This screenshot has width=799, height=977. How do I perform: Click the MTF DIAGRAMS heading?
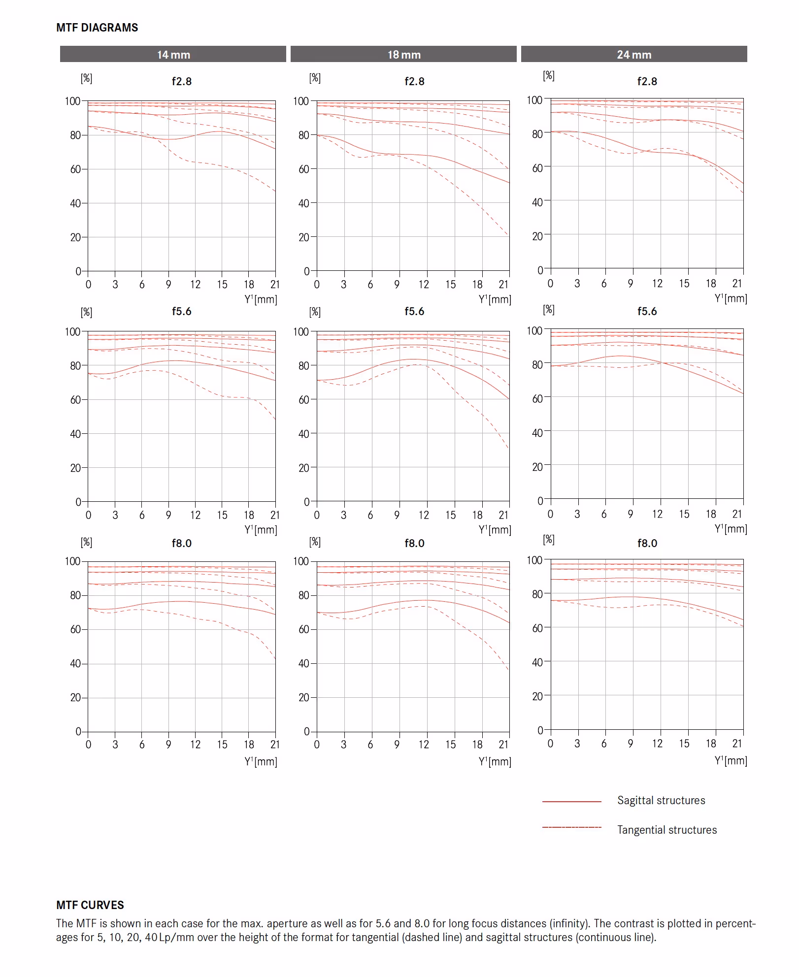click(97, 28)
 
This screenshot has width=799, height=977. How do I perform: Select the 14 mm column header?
click(173, 55)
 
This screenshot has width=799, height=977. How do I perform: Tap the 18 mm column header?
click(404, 55)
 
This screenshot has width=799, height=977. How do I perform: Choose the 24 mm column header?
click(634, 55)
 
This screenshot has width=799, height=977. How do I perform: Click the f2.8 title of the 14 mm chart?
click(181, 81)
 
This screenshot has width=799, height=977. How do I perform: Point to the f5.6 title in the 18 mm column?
click(414, 311)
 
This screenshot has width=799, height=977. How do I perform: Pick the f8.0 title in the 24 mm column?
click(647, 543)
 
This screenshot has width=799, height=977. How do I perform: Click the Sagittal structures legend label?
click(661, 801)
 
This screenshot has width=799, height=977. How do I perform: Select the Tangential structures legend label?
click(667, 830)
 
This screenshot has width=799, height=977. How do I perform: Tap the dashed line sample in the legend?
click(571, 827)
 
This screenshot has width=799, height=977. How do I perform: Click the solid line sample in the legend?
click(571, 802)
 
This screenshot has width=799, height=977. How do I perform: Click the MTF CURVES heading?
click(90, 905)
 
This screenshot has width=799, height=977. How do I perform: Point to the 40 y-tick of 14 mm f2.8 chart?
click(75, 203)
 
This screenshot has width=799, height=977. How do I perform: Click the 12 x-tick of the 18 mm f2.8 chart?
click(424, 285)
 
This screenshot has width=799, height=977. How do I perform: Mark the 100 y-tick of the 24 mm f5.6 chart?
click(534, 330)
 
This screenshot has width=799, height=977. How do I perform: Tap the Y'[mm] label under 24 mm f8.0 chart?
click(731, 760)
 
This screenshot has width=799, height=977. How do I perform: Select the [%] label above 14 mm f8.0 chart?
click(87, 542)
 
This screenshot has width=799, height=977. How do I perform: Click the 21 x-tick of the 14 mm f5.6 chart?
click(275, 515)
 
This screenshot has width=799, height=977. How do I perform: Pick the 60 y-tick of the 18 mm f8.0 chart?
click(303, 629)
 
